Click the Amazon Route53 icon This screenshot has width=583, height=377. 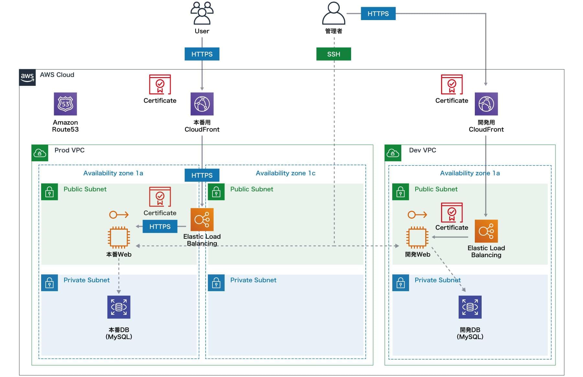click(x=65, y=104)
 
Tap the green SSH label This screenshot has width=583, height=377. click(x=334, y=54)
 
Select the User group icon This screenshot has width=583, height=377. click(x=202, y=13)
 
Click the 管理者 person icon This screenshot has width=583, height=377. click(x=334, y=14)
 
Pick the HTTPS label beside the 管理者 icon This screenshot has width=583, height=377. click(x=378, y=14)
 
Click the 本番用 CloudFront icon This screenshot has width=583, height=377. click(x=202, y=104)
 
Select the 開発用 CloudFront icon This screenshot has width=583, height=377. click(x=486, y=104)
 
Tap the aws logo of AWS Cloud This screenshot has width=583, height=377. click(x=27, y=77)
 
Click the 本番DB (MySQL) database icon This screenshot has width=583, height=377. click(x=119, y=307)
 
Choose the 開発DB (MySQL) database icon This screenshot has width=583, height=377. click(x=470, y=307)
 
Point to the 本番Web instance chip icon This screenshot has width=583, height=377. click(x=119, y=237)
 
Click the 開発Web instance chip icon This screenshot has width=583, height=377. click(x=417, y=237)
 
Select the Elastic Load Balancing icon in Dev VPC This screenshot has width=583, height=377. click(x=486, y=231)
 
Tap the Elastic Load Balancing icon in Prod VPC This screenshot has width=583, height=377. click(x=202, y=220)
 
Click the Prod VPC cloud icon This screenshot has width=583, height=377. click(x=40, y=153)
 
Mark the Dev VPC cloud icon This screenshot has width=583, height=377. click(x=393, y=153)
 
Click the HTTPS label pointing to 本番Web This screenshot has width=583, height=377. click(x=160, y=226)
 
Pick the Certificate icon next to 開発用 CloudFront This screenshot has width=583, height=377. click(x=452, y=85)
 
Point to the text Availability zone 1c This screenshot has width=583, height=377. click(x=285, y=173)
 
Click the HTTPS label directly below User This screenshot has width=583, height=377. click(x=202, y=54)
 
